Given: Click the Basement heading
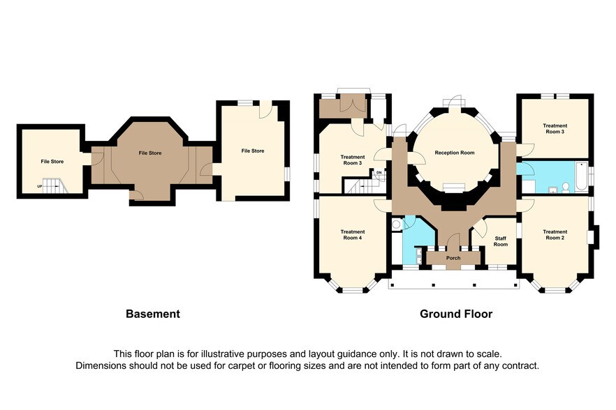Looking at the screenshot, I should pyautogui.click(x=152, y=314).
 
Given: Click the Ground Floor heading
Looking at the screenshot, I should pyautogui.click(x=455, y=314).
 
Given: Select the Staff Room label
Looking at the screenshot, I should pyautogui.click(x=500, y=241).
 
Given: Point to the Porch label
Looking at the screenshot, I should pyautogui.click(x=453, y=258).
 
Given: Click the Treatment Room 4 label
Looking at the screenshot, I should pyautogui.click(x=352, y=235).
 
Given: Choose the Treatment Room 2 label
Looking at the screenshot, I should pyautogui.click(x=555, y=235).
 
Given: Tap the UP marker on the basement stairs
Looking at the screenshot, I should pyautogui.click(x=39, y=187).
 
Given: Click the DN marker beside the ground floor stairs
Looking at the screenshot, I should pyautogui.click(x=379, y=172).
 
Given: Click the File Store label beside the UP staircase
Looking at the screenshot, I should pyautogui.click(x=52, y=162).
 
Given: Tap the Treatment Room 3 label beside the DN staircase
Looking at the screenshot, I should pyautogui.click(x=352, y=160).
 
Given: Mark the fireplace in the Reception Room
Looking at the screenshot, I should pyautogui.click(x=454, y=187).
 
